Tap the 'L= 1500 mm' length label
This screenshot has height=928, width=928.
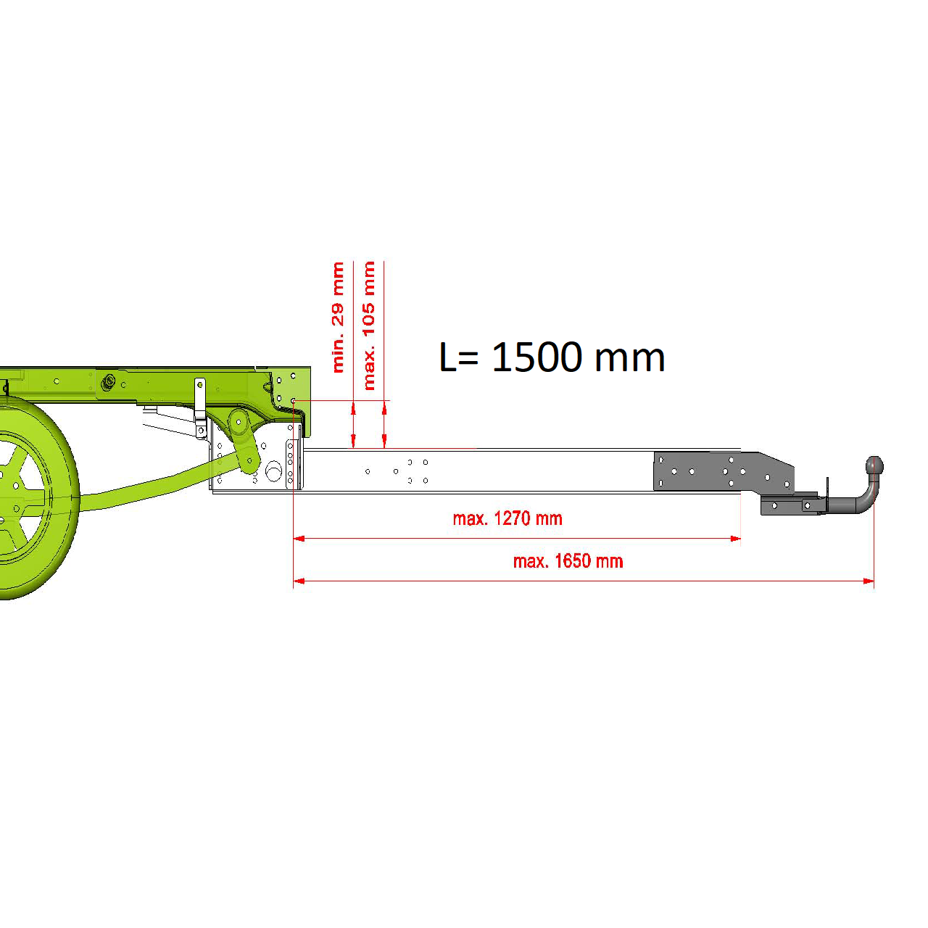coord(552,357)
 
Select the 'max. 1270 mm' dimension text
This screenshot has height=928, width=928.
coord(507,518)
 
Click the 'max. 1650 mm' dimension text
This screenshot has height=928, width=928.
coord(568,561)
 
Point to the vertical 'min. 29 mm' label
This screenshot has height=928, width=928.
coord(338,318)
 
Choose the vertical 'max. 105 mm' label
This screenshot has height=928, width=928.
coord(368,326)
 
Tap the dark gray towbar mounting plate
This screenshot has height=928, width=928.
coord(722,472)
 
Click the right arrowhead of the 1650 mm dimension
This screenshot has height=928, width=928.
coord(869,581)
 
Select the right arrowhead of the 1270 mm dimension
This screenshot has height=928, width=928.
coord(735,539)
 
